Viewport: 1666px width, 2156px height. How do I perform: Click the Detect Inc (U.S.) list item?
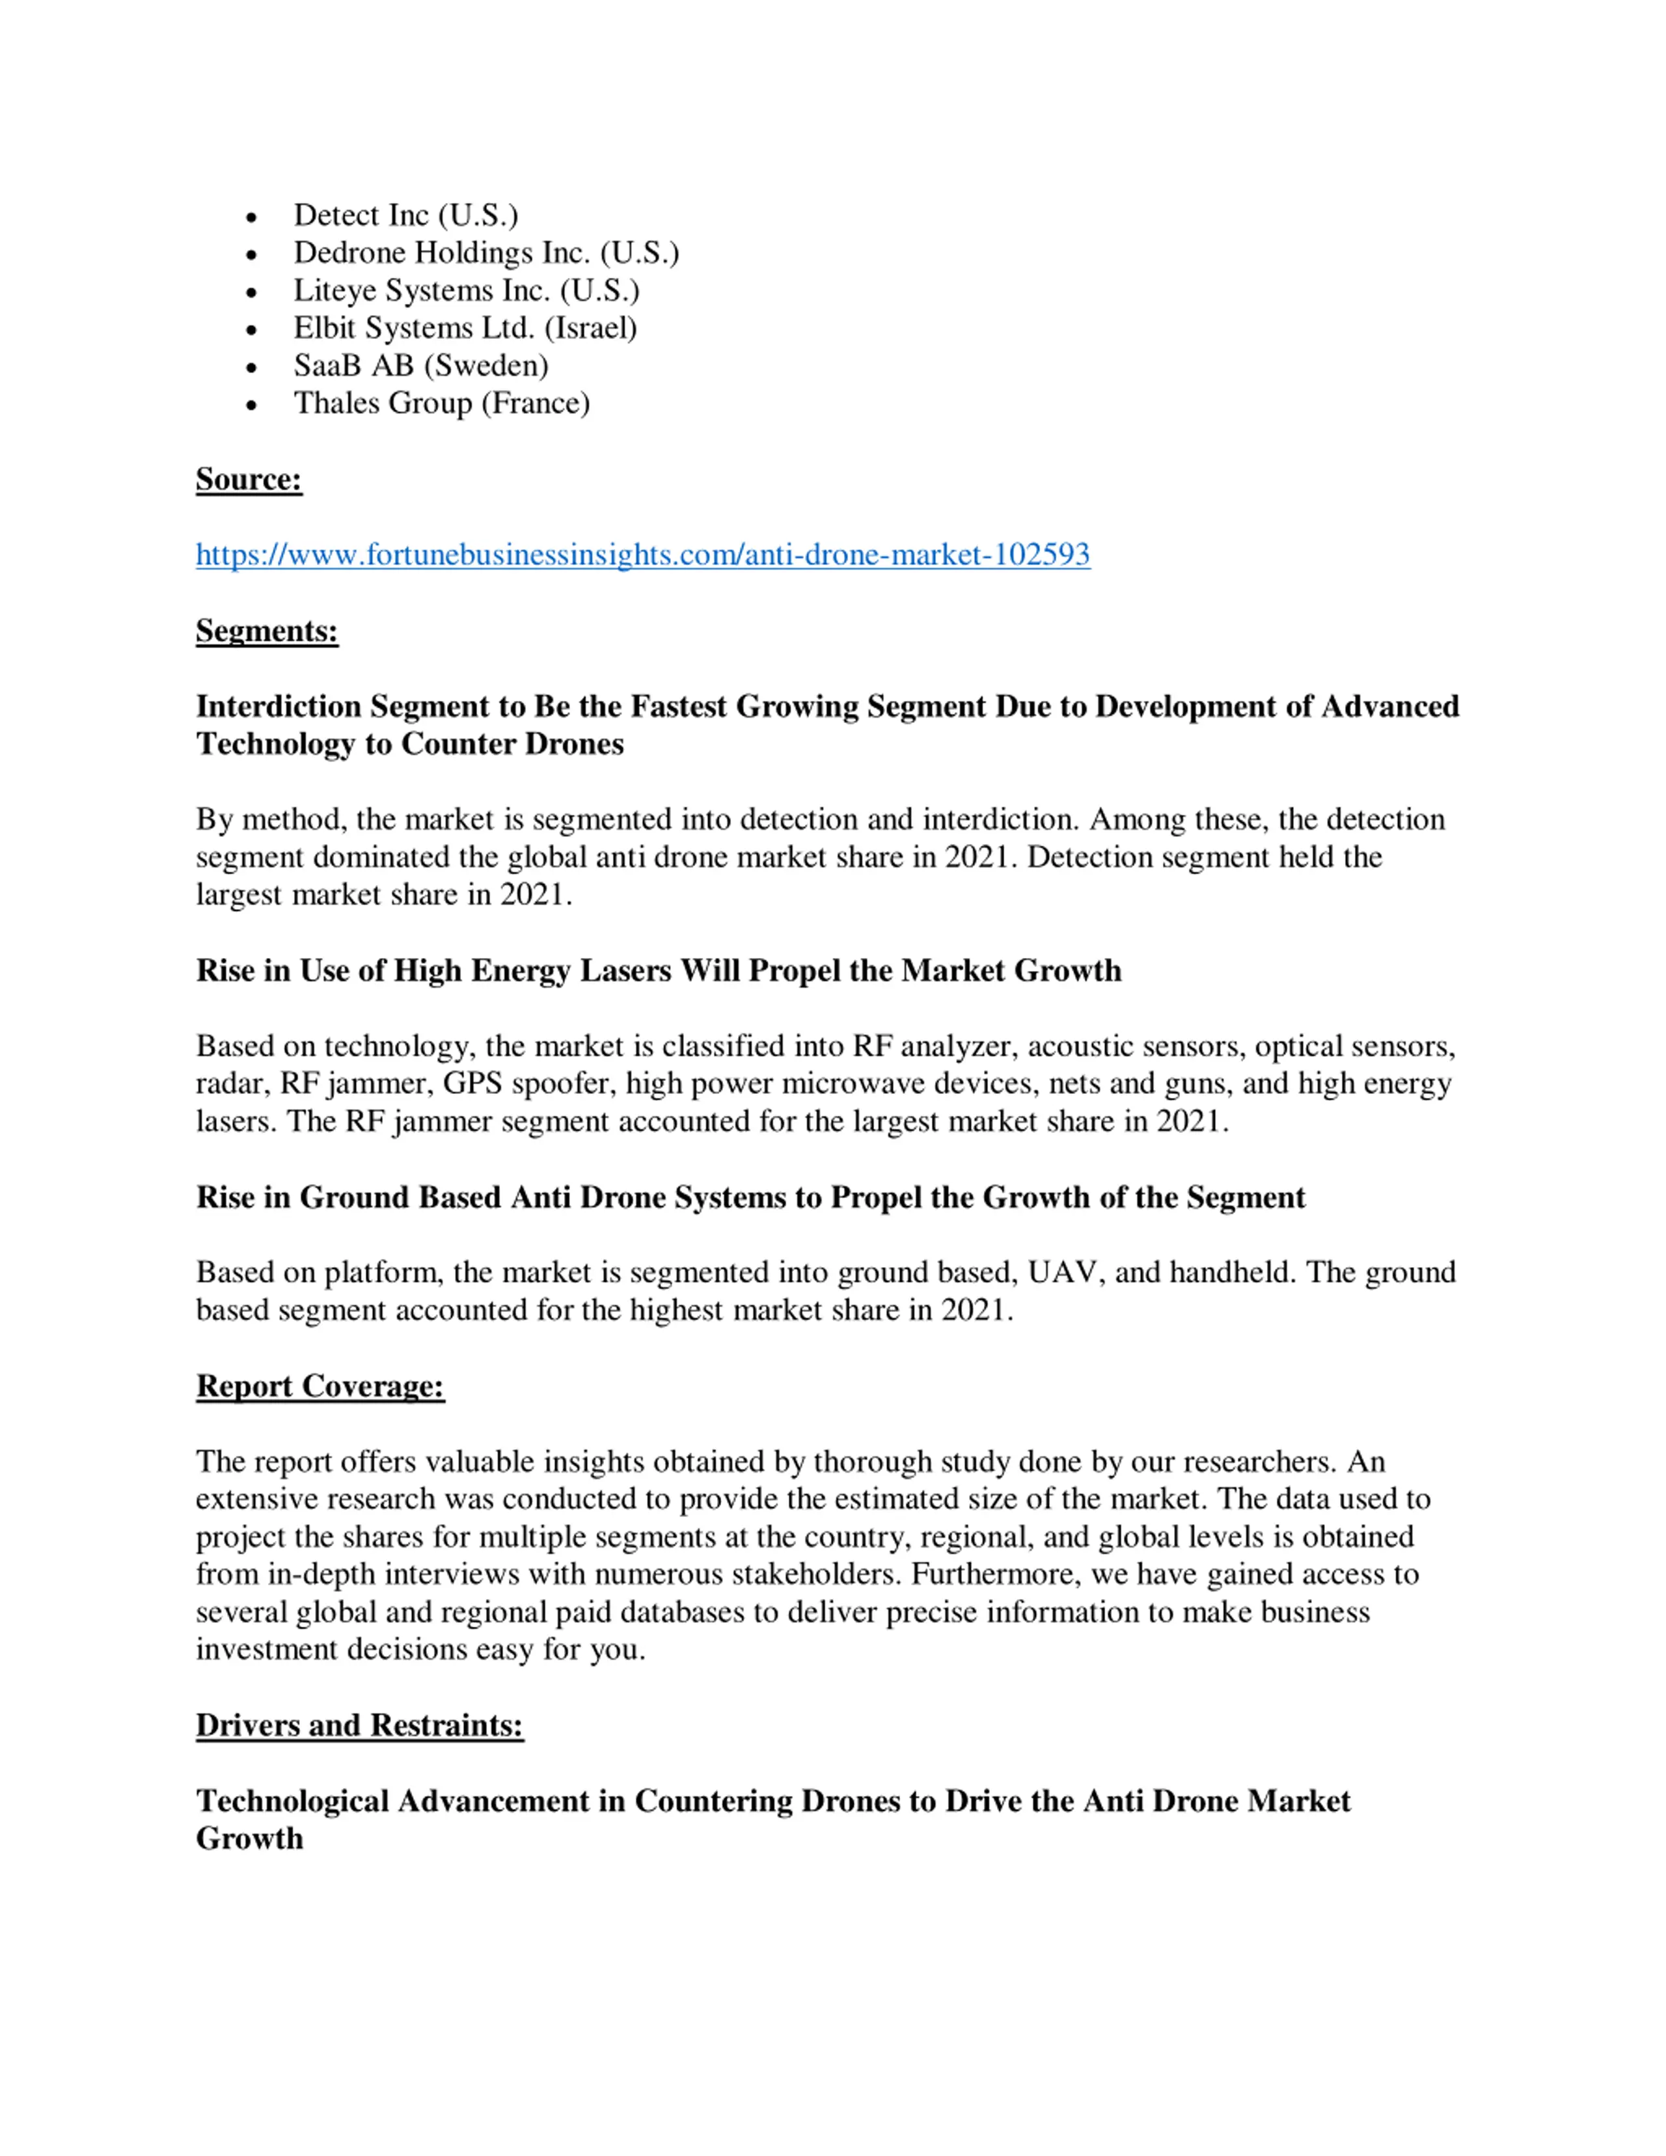(x=405, y=215)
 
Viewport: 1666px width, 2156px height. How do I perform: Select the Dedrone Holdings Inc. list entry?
(x=485, y=252)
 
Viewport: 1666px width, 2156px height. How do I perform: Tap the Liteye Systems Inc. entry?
(x=466, y=290)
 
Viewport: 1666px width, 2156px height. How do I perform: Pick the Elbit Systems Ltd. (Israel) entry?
(x=465, y=328)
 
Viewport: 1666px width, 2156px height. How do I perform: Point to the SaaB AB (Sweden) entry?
(x=420, y=365)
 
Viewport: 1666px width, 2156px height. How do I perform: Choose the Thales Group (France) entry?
(x=441, y=403)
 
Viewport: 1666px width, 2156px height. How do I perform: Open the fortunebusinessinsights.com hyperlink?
(x=642, y=555)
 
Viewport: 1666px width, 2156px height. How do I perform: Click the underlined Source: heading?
(x=249, y=479)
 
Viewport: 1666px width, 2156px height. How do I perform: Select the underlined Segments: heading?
(x=266, y=631)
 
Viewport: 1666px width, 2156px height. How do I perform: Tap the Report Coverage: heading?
(x=320, y=1386)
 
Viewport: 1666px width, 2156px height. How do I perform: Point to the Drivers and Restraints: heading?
(x=359, y=1725)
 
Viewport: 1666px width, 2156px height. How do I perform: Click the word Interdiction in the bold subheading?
(x=279, y=707)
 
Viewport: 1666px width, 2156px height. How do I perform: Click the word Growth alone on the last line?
(x=249, y=1838)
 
